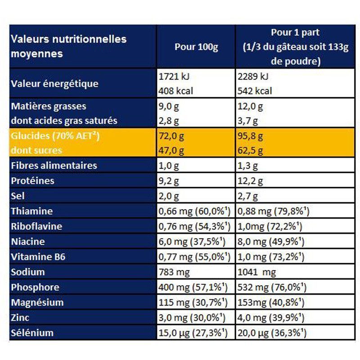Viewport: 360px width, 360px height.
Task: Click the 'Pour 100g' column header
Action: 196,47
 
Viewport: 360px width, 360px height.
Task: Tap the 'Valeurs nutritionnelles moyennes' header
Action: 68,46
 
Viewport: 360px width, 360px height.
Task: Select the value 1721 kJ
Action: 172,76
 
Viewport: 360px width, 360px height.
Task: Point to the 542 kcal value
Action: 255,91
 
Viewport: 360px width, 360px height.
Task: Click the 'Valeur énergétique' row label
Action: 54,84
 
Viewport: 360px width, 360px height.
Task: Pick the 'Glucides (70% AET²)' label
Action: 54,136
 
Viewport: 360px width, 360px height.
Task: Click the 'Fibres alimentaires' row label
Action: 54,166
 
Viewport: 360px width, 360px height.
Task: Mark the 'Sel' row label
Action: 18,196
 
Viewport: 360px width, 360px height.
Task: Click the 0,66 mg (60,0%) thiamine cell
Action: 194,211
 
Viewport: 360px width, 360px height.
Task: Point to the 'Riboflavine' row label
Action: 36,226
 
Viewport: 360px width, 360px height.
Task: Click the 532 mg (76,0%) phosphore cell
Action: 271,288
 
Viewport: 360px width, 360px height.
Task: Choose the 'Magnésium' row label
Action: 37,302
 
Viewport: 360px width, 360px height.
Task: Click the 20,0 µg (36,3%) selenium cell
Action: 272,333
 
